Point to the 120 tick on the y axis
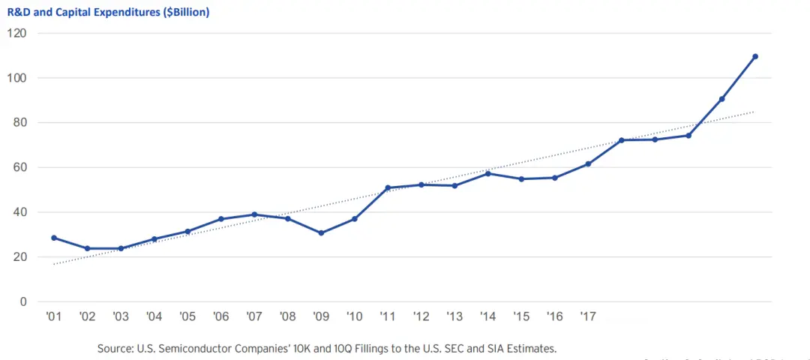[17, 34]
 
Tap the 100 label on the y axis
[17, 78]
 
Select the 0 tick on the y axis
[22, 301]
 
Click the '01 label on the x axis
[53, 317]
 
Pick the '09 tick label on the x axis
[321, 317]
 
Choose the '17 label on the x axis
[588, 317]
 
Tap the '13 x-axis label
[454, 317]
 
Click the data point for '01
[54, 238]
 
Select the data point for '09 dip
[321, 232]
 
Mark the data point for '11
[388, 187]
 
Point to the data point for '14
[488, 173]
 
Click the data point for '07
[254, 214]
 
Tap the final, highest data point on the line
[755, 56]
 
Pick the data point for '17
[588, 163]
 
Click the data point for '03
[121, 248]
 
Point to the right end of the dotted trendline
[753, 112]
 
